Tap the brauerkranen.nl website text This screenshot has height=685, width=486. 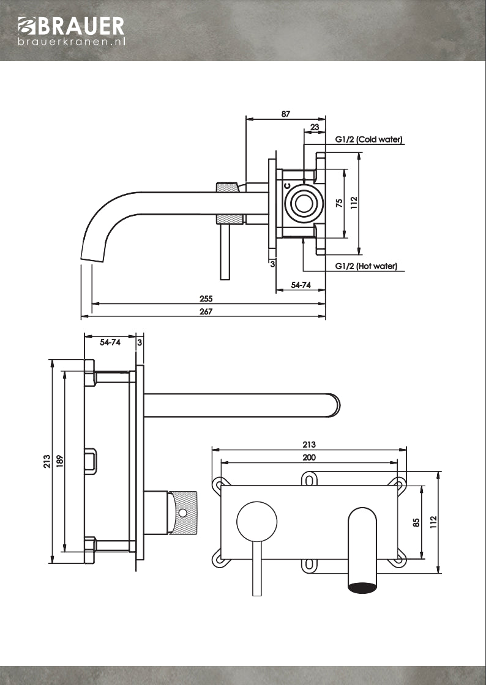(72, 42)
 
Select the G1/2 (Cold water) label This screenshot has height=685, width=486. (368, 139)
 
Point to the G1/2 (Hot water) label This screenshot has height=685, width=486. (366, 266)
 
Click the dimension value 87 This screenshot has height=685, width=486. (286, 113)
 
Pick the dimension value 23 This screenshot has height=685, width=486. (315, 127)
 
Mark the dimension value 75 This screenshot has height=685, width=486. (339, 204)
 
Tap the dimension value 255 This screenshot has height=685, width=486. (206, 299)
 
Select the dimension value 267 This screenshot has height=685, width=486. (206, 311)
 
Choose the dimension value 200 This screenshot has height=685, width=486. (309, 457)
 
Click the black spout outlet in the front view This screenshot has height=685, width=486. (364, 588)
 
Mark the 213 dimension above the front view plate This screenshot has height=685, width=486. (309, 445)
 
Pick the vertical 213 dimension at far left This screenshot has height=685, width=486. (47, 462)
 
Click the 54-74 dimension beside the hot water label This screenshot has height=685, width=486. (300, 285)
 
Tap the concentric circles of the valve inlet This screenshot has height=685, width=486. (303, 204)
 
